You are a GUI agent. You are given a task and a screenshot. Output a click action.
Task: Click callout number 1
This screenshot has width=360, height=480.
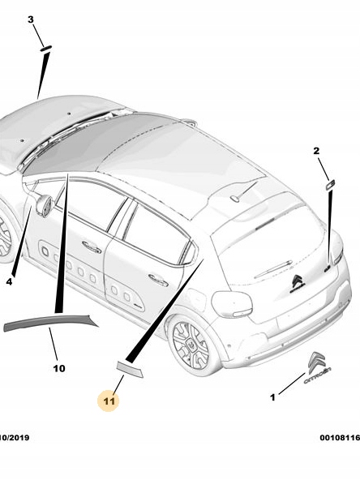(x=272, y=397)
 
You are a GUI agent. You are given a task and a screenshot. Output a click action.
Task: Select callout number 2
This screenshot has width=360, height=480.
(x=316, y=151)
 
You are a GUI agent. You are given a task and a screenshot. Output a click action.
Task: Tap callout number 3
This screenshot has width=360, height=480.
(x=31, y=19)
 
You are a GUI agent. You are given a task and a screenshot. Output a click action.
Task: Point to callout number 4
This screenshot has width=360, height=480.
(x=10, y=282)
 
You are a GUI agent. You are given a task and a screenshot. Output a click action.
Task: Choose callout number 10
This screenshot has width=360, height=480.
(x=59, y=369)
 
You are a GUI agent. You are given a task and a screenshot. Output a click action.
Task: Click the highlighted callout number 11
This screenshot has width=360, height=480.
(x=109, y=401)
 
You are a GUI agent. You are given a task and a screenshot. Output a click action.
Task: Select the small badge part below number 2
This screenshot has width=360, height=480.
(x=330, y=185)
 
